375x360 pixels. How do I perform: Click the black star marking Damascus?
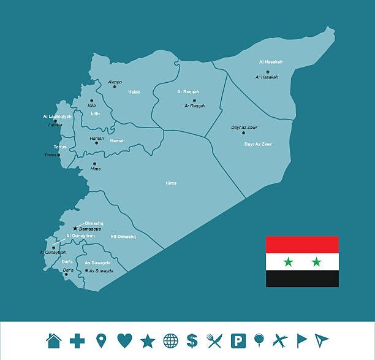(75, 228)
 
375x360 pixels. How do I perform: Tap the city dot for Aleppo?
(114, 86)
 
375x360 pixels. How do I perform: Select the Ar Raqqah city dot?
(194, 101)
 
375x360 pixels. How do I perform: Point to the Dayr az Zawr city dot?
(243, 132)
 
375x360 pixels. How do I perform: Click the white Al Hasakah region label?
(270, 62)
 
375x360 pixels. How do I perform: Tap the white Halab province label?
(134, 92)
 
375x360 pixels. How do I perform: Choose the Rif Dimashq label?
(123, 236)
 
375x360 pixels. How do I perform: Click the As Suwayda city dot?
(86, 270)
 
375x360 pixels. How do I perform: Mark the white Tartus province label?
(60, 147)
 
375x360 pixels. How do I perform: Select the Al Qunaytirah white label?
(80, 236)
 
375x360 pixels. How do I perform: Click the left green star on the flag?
(288, 262)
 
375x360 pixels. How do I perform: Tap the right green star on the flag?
(316, 262)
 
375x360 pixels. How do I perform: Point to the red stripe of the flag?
(302, 245)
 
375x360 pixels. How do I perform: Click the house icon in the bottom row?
(54, 340)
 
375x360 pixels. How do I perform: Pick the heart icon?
(124, 340)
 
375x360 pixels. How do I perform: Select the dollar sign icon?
(192, 340)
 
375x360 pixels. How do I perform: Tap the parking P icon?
(237, 340)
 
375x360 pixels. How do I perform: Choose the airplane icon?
(279, 340)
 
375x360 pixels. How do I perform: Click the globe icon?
(170, 340)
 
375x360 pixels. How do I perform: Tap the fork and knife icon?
(214, 340)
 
